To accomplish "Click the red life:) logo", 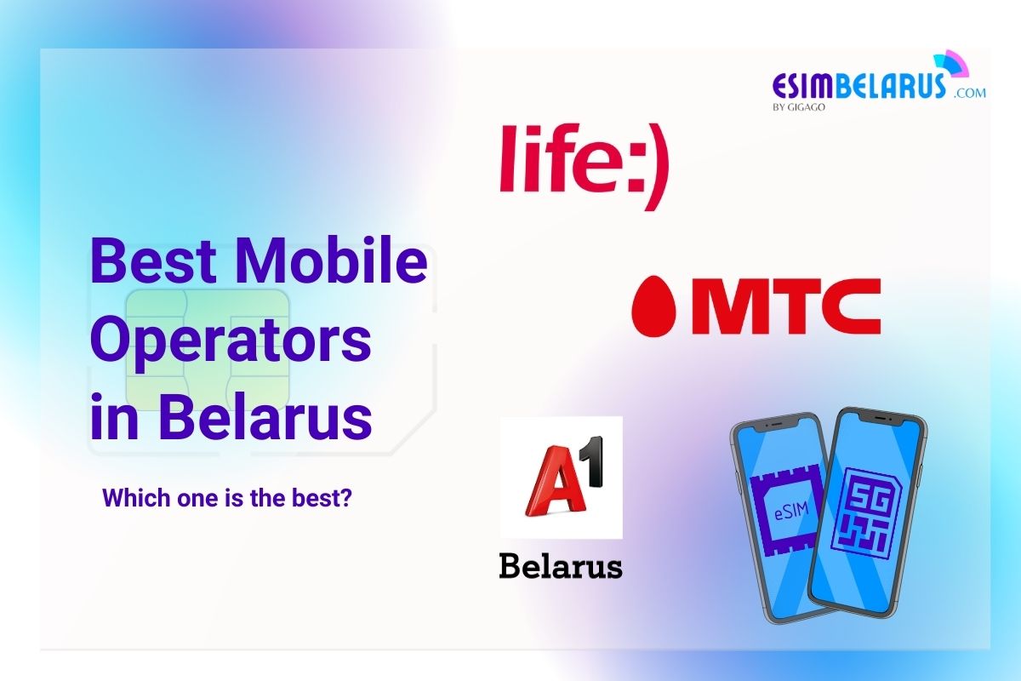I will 584,164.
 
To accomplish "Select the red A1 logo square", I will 562,477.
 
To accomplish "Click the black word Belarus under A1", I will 561,566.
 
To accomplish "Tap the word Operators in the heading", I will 231,341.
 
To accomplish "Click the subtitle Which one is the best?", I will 227,497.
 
